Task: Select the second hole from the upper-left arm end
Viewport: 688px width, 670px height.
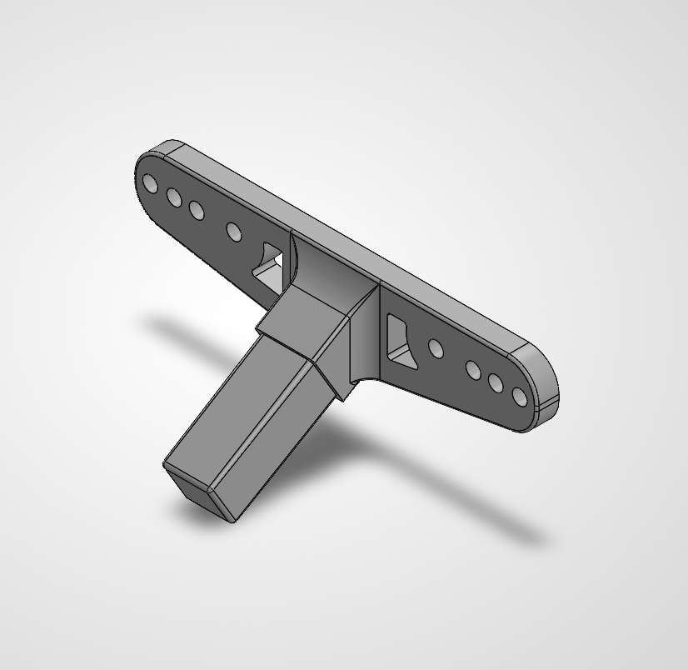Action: pos(174,197)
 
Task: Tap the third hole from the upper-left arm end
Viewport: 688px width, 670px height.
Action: pos(197,209)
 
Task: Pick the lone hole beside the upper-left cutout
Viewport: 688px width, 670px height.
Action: pos(234,230)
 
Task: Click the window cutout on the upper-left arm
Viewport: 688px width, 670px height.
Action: pos(271,266)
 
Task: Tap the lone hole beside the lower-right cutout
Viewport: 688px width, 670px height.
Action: pos(435,347)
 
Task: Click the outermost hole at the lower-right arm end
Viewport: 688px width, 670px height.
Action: pos(521,397)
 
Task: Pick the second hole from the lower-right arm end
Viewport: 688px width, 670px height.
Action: pos(497,383)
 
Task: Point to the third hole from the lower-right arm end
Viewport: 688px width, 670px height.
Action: pos(475,370)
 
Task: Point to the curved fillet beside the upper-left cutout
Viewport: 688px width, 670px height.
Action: pos(292,258)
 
